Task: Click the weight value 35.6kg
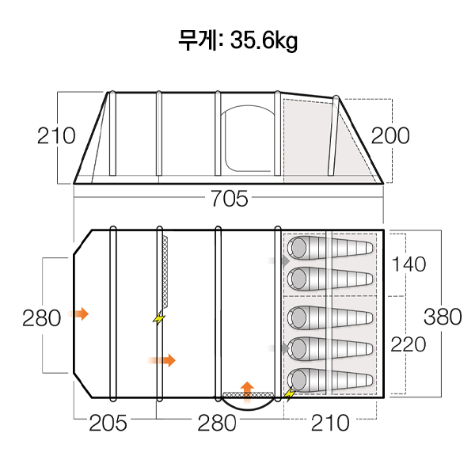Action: point(264,40)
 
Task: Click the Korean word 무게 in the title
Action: point(199,40)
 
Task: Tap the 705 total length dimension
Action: point(230,199)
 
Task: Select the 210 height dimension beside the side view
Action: point(56,135)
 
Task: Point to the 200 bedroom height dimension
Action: point(390,135)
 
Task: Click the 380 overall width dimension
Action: point(443,317)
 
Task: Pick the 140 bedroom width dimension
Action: point(408,264)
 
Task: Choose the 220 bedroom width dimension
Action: point(408,344)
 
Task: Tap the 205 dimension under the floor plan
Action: point(108,423)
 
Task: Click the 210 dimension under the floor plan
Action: point(330,423)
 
